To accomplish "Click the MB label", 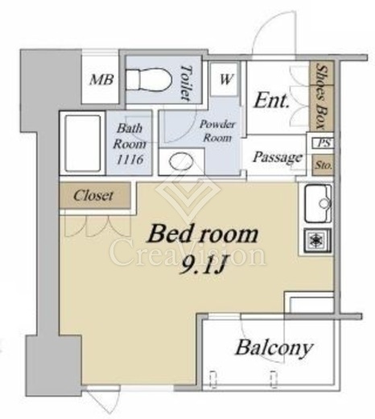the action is point(101,80).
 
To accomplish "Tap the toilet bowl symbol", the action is point(150,80).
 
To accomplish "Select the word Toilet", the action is point(187,83).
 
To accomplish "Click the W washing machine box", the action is point(224,80).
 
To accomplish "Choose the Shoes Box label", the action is point(321,95).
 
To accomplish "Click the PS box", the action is point(323,143).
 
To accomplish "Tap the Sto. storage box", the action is point(323,165).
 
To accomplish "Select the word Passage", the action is point(277,157).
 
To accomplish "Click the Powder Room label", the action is point(217,131).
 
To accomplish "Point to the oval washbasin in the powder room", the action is point(181,161).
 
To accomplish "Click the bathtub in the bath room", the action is point(83,143).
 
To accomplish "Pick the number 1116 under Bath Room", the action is point(130,160).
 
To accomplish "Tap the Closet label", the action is point(93,195).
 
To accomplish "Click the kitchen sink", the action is point(318,204).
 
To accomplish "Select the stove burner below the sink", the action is point(318,240).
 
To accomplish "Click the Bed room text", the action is point(203,234).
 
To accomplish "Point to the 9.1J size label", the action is point(201,265).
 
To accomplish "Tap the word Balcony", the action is point(274,348).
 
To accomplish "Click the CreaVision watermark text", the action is point(187,252).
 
